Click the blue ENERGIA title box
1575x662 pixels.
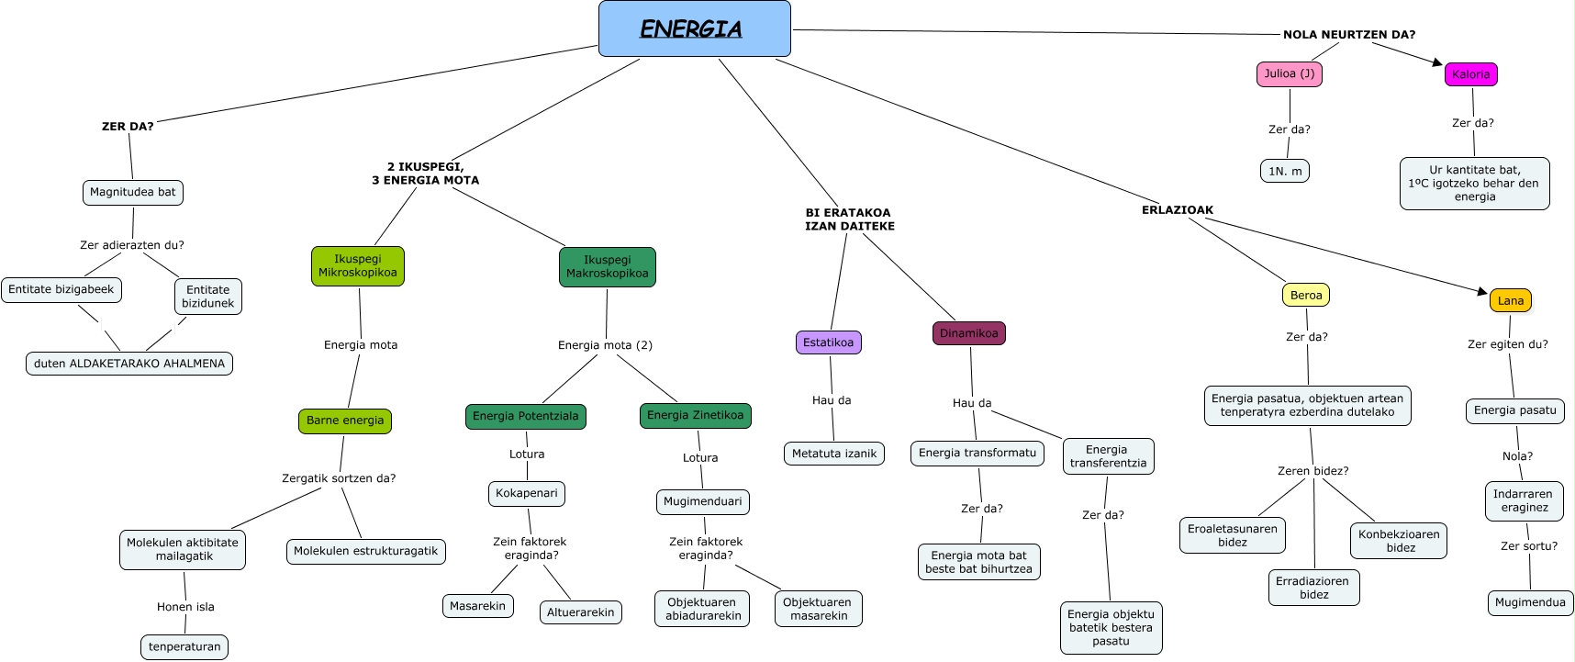pos(694,28)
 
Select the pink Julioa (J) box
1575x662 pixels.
pos(1289,74)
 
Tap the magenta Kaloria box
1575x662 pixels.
pos(1470,74)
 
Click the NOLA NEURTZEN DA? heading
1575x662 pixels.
pos(1348,35)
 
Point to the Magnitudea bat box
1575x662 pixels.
pos(133,193)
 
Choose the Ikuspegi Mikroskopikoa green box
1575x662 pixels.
pos(358,266)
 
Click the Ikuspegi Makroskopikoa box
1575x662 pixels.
pos(607,267)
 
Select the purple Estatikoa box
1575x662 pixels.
pos(828,342)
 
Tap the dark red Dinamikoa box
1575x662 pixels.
pos(968,333)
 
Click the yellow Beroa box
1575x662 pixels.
pos(1305,296)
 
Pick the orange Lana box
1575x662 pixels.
pos(1510,301)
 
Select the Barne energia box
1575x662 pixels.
pos(345,421)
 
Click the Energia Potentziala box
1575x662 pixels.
pos(525,417)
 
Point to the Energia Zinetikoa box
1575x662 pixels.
pos(695,416)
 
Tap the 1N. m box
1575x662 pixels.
pos(1284,172)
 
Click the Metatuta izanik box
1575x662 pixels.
pos(833,454)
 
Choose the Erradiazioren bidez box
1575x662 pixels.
pos(1312,588)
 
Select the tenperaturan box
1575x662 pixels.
pos(184,647)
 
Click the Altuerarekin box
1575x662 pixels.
pos(580,612)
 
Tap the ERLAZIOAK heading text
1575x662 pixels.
pos(1177,210)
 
